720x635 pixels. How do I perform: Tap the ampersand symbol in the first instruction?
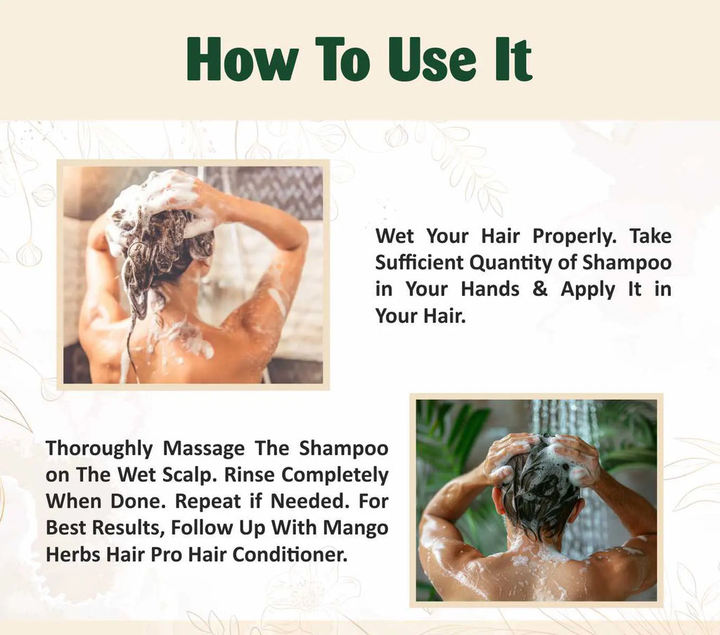(x=540, y=289)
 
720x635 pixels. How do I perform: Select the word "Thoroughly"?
(x=98, y=448)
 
